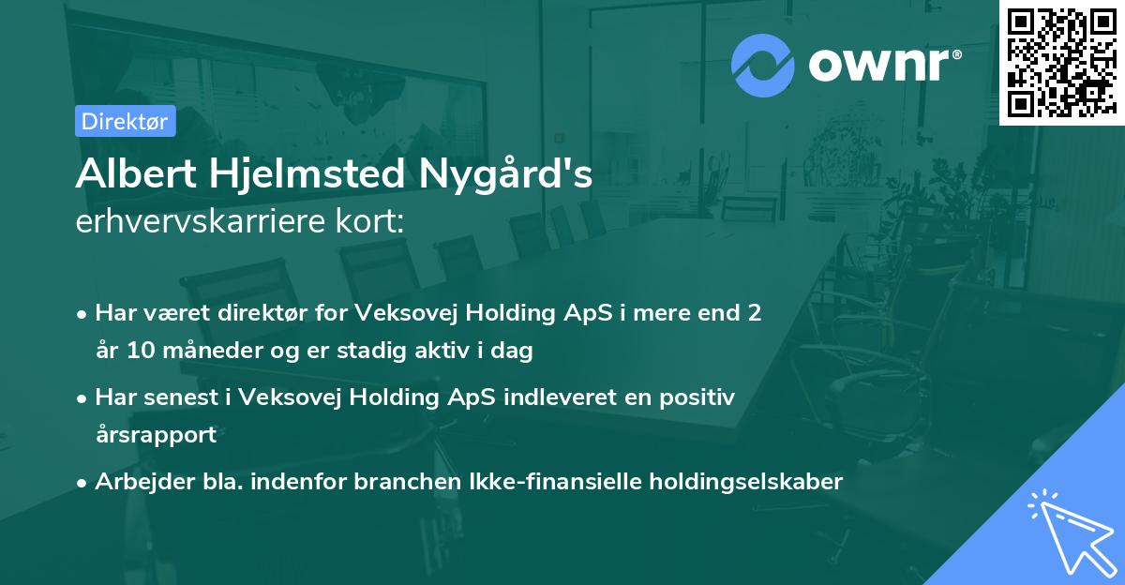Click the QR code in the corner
(1061, 62)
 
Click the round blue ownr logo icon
(763, 66)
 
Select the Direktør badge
(125, 121)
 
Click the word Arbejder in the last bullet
(135, 482)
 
